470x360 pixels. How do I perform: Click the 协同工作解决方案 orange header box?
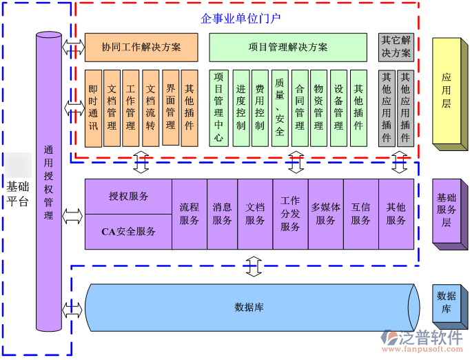coord(141,48)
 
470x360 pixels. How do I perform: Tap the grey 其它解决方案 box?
coord(396,47)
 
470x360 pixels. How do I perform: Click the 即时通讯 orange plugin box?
coord(93,108)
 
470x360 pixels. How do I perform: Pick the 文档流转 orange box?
coord(151,108)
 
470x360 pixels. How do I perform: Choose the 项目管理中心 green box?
coord(219,108)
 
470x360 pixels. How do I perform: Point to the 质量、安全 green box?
coord(279,108)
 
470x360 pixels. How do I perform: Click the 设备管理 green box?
coord(338,108)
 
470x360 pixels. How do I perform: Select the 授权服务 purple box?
coord(128,196)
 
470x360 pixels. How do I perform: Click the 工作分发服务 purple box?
coord(290,214)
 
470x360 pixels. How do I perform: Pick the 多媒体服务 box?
coord(325,214)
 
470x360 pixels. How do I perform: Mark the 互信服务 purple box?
coord(360,214)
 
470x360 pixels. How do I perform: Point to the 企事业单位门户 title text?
coord(241,17)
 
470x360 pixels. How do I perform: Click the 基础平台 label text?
coord(18,194)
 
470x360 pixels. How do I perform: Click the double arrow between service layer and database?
coord(254,266)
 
